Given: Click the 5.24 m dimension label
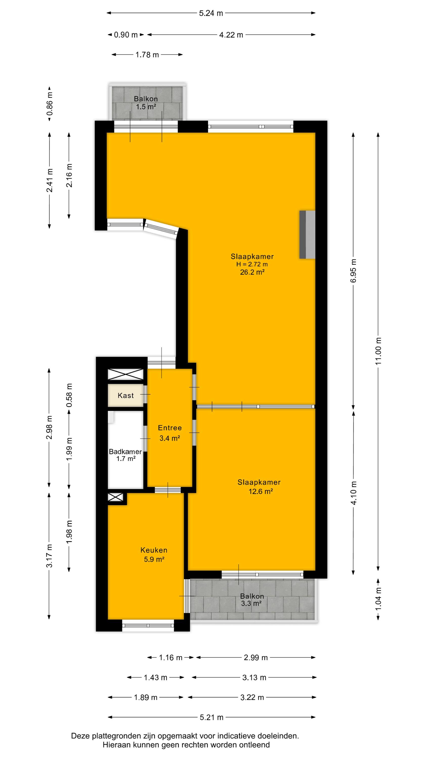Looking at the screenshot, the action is coord(211,13).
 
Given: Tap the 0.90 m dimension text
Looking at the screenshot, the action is coord(126,35).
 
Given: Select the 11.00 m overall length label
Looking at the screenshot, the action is coord(378,351).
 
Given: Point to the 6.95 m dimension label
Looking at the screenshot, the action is coord(353,271).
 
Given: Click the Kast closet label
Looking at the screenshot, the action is coord(126,395).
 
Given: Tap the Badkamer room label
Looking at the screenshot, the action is coord(125,451).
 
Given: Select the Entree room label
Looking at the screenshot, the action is coord(170,428).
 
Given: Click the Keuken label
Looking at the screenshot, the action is coord(154,550).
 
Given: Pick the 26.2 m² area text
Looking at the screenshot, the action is coord(252,272).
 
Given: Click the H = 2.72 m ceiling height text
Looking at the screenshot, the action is coord(252,264).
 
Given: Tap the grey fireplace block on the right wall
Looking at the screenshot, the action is coord(307,235).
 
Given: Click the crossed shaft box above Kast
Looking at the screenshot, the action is coord(125,374).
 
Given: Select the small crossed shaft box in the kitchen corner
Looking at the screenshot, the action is coord(116,497).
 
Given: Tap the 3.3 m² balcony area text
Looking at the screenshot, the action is coord(251,603).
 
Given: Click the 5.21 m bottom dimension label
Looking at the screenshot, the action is coord(211,718).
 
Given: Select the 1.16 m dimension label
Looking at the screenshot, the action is coord(171,657).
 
